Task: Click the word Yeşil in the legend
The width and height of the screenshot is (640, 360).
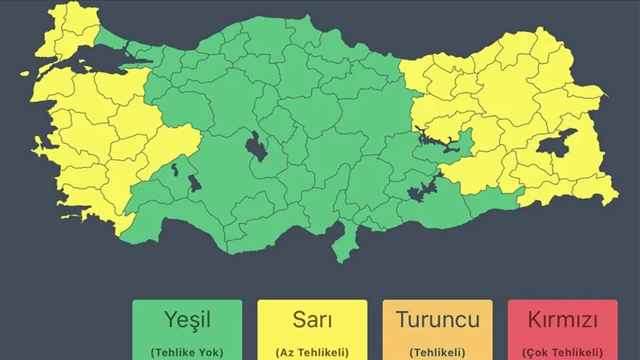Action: [187, 320]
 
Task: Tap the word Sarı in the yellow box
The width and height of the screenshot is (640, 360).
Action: [312, 320]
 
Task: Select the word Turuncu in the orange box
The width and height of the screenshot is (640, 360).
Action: [437, 320]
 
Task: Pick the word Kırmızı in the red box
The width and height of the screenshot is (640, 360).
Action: [562, 320]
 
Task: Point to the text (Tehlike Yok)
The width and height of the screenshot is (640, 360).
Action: [187, 352]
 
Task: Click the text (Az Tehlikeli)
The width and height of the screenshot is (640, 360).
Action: [312, 352]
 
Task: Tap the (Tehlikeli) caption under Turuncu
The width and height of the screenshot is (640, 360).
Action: [437, 352]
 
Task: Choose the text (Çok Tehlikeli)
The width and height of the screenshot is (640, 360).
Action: [562, 352]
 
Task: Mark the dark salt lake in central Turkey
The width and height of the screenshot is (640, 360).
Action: [257, 146]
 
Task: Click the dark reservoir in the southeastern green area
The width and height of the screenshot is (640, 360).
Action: [420, 189]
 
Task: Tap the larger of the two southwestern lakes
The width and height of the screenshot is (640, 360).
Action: [194, 183]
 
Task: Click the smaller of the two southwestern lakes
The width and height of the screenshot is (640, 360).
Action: [175, 170]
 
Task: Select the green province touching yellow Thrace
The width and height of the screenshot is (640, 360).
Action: [111, 37]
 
